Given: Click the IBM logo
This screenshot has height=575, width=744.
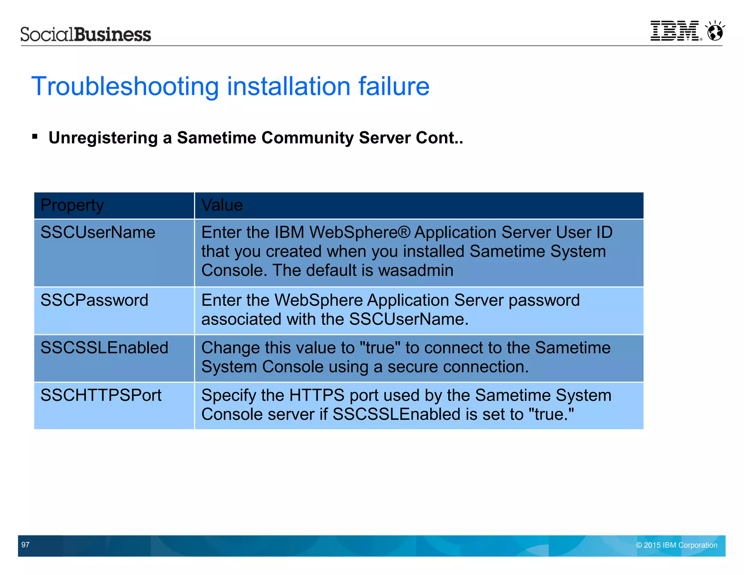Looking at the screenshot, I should [675, 31].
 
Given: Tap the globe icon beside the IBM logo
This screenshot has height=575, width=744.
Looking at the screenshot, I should [715, 31].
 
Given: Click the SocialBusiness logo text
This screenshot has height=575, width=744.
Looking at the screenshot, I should [86, 35].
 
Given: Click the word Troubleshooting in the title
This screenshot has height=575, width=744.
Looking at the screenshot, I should [125, 87].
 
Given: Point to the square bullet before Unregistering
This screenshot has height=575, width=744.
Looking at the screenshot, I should [35, 137].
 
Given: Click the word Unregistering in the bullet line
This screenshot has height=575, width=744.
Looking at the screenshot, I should [103, 138].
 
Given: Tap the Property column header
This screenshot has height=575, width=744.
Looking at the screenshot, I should [72, 205].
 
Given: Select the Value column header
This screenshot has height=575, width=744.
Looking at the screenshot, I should [222, 205].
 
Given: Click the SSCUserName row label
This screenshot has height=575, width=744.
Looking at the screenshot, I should [98, 232].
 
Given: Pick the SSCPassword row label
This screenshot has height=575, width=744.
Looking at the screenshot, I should [94, 300].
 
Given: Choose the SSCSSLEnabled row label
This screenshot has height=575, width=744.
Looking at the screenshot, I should [104, 348].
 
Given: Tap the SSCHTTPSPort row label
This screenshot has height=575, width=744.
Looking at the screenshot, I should [101, 395].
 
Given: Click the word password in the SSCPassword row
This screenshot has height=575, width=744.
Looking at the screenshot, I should [544, 301].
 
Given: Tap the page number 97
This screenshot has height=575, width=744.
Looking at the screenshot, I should [25, 544].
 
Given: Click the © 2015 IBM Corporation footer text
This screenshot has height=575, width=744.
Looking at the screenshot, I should [676, 545].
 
